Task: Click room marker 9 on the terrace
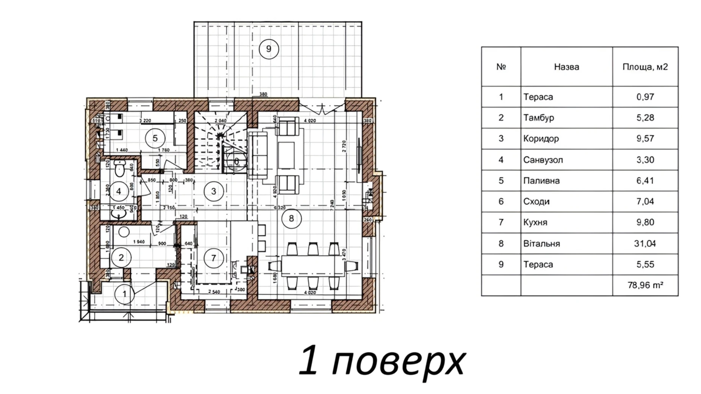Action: pos(269,49)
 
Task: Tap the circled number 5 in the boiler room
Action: pos(155,138)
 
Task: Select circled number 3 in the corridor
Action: pos(213,191)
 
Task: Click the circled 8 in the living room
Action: pos(291,218)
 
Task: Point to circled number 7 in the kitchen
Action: pos(213,258)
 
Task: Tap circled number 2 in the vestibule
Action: pos(121,258)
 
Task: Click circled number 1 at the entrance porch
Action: pos(124,294)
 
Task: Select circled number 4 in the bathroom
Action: pos(119,191)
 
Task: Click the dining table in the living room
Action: pos(313,266)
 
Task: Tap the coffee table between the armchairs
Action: pos(286,155)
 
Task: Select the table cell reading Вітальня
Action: pos(541,244)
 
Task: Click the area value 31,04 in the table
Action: pos(645,244)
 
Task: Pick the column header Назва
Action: pos(566,67)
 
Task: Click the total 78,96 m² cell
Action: pos(645,285)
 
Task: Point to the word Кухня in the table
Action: pos(535,222)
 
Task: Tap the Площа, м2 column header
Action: pos(645,67)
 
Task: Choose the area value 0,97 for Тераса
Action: pos(645,97)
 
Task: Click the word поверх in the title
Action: pos(398,361)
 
